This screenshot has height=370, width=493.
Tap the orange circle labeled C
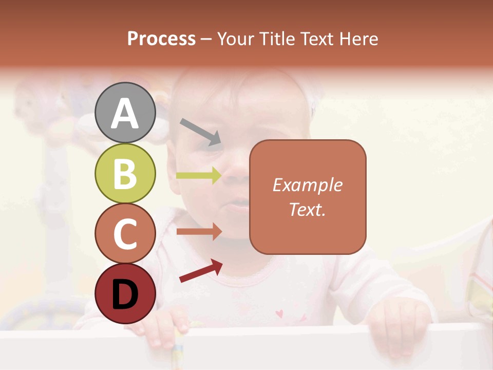coord(125,234)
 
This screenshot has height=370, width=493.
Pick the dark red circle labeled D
coord(125,294)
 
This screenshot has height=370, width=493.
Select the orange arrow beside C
coord(199,231)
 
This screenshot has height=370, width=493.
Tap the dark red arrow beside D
coord(201,271)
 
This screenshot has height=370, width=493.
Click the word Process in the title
coord(161,39)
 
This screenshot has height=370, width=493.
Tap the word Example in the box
coord(308,185)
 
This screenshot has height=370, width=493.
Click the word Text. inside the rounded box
coord(308,209)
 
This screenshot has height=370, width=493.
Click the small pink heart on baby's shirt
coord(279,313)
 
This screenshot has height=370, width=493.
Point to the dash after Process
coord(206,39)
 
